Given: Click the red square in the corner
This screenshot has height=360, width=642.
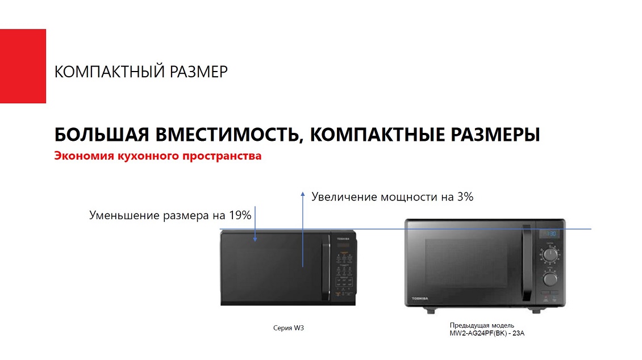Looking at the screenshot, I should (23, 66).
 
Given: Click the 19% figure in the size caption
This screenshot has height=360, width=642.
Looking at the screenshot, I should (240, 215).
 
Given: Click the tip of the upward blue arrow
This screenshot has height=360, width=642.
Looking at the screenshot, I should (303, 193).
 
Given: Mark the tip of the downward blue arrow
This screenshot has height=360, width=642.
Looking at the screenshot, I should (255, 241).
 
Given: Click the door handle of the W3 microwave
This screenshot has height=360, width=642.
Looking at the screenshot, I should (326, 270).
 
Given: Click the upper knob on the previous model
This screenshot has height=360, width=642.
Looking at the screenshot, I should (550, 256).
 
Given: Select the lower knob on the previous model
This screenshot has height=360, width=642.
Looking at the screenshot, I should (550, 279).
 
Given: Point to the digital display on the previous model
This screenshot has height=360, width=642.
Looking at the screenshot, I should (548, 233).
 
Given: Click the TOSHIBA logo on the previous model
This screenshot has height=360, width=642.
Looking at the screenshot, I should (420, 299).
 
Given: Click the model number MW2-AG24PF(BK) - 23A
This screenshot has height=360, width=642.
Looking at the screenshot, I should (487, 333).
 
